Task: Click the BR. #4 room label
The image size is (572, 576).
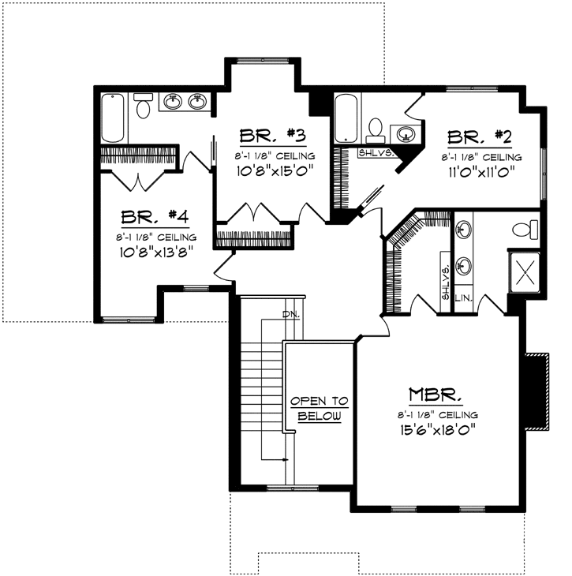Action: click(154, 217)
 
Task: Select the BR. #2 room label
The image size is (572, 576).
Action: click(480, 137)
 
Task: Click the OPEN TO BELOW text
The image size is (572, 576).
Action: click(320, 407)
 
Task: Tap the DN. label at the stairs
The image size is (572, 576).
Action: click(290, 316)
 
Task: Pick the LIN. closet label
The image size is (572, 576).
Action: click(464, 298)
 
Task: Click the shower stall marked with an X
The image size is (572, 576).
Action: click(525, 271)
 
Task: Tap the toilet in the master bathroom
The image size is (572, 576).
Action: click(523, 230)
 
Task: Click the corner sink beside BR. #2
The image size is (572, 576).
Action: click(407, 133)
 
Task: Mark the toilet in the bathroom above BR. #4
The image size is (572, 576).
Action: click(143, 107)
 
